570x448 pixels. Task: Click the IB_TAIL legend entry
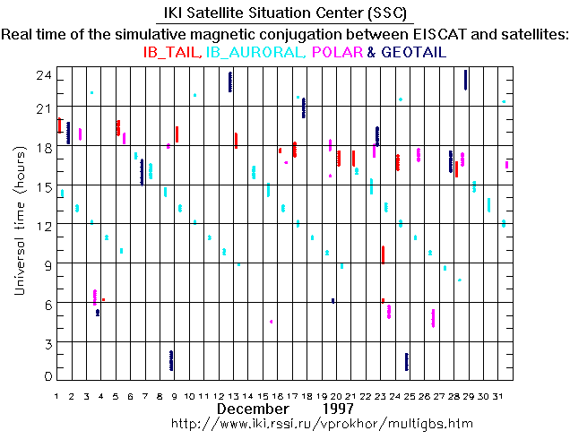[171, 53]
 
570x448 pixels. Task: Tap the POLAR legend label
[336, 53]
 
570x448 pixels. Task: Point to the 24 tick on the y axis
[42, 78]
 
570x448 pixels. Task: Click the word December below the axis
[248, 409]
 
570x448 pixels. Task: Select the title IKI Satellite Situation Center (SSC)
[285, 14]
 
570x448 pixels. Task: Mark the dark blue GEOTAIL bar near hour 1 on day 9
[171, 360]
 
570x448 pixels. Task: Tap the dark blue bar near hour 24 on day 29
[466, 80]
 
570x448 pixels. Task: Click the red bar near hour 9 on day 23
[383, 254]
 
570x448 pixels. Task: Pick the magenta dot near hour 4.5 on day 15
[271, 321]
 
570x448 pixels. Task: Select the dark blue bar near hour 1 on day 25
[407, 362]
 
